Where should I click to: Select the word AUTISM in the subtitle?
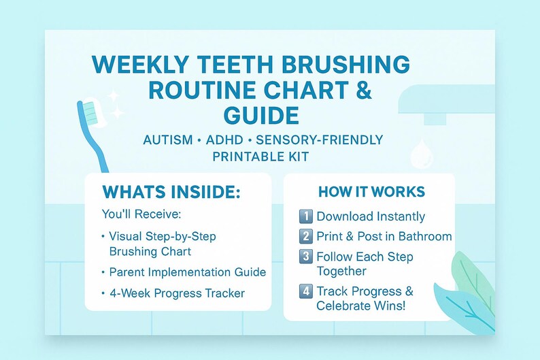pos(169,140)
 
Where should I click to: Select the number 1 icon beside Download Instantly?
pos(306,216)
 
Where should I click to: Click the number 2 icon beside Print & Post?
pos(306,237)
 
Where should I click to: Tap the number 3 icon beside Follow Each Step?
pos(306,257)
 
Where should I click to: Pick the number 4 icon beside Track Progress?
pos(306,292)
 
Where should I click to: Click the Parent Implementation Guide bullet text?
pos(187,272)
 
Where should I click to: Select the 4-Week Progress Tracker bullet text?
pos(177,293)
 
